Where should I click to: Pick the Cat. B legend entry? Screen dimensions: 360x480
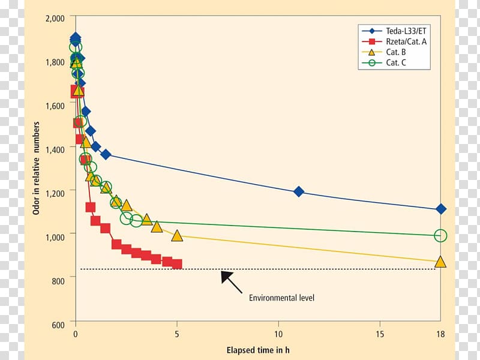[x=395, y=52]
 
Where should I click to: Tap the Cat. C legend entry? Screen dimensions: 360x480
[x=395, y=62]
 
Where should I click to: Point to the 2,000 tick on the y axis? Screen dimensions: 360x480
[x=55, y=19]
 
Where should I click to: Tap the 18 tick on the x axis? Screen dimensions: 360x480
[x=440, y=334]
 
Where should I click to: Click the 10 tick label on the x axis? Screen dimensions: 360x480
[x=278, y=334]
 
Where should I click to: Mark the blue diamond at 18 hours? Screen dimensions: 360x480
[x=441, y=209]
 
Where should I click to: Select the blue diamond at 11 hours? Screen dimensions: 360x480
[x=298, y=191]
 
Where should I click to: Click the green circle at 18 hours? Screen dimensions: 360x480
[x=441, y=236]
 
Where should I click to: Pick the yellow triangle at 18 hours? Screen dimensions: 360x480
[x=440, y=262]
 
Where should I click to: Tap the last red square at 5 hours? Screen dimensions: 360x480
[x=177, y=264]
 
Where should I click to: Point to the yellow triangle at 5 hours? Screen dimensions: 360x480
[x=177, y=236]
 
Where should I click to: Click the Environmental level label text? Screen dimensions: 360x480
[x=281, y=298]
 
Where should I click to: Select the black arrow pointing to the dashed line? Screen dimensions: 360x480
[x=233, y=281]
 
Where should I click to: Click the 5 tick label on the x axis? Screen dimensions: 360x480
[x=177, y=334]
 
